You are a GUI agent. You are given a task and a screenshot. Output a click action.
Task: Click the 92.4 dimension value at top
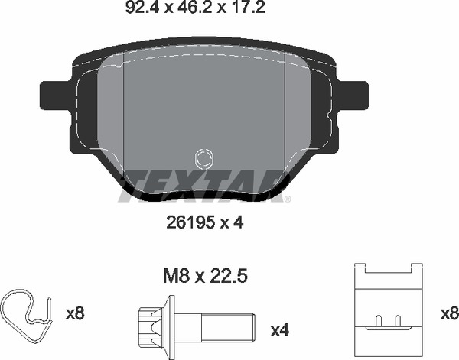pyautogui.click(x=142, y=7)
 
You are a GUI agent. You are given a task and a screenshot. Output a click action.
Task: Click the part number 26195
pyautogui.click(x=190, y=223)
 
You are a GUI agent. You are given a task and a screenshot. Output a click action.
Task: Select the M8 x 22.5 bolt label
pyautogui.click(x=206, y=277)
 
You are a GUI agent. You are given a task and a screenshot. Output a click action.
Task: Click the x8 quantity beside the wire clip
pyautogui.click(x=75, y=313)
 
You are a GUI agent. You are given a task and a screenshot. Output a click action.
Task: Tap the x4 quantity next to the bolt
pyautogui.click(x=280, y=330)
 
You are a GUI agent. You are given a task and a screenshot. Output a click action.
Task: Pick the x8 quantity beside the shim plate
pyautogui.click(x=450, y=313)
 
